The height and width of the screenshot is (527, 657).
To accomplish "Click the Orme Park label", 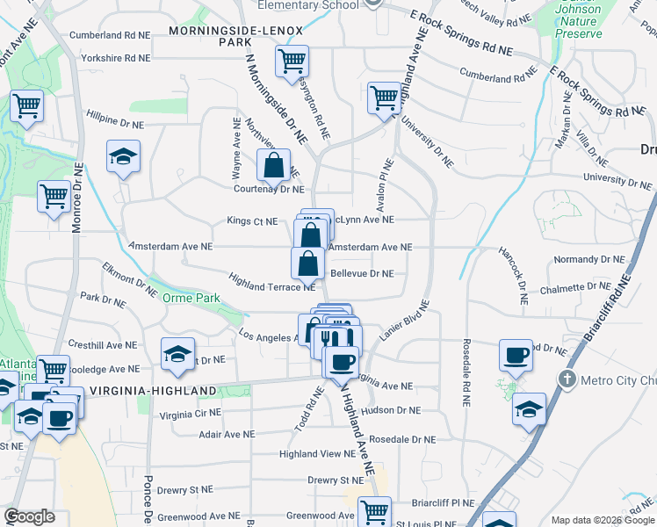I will click(184, 298).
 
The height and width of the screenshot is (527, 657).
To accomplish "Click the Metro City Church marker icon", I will click(567, 379).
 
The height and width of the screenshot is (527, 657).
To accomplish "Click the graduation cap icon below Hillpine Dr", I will click(123, 156).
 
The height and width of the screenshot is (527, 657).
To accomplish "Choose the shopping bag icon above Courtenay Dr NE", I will click(274, 164).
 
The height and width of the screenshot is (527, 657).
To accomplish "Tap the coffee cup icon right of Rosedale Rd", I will click(516, 355).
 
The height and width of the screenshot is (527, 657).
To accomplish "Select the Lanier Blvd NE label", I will click(403, 321).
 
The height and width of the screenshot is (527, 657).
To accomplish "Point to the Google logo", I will click(29, 516).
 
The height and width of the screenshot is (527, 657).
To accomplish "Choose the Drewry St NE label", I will click(335, 480).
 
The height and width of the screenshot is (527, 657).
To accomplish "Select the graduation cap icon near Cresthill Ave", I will click(177, 353).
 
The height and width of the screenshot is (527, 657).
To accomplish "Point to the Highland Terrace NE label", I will click(271, 281).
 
